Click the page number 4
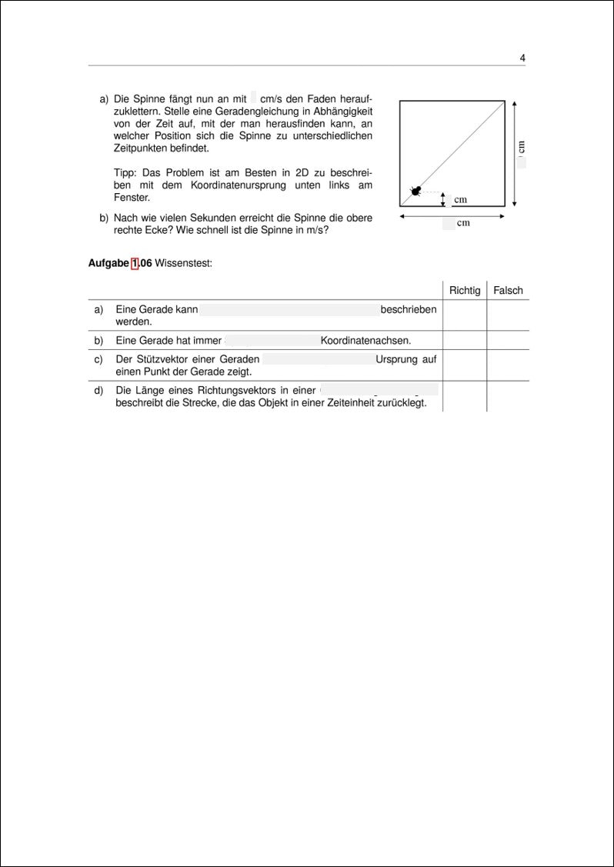pyautogui.click(x=522, y=58)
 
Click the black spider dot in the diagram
pyautogui.click(x=416, y=191)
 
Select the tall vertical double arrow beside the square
pyautogui.click(x=514, y=153)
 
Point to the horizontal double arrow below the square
pyautogui.click(x=452, y=216)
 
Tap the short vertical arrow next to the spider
pyautogui.click(x=443, y=199)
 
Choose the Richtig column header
pyautogui.click(x=465, y=290)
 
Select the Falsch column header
pyautogui.click(x=508, y=290)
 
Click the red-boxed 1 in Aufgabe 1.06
pyautogui.click(x=135, y=263)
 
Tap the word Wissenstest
pyautogui.click(x=183, y=263)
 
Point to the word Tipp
pyautogui.click(x=125, y=172)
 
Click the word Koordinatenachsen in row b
pyautogui.click(x=365, y=340)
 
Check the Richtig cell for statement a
pyautogui.click(x=465, y=315)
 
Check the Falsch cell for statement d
pyautogui.click(x=508, y=396)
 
